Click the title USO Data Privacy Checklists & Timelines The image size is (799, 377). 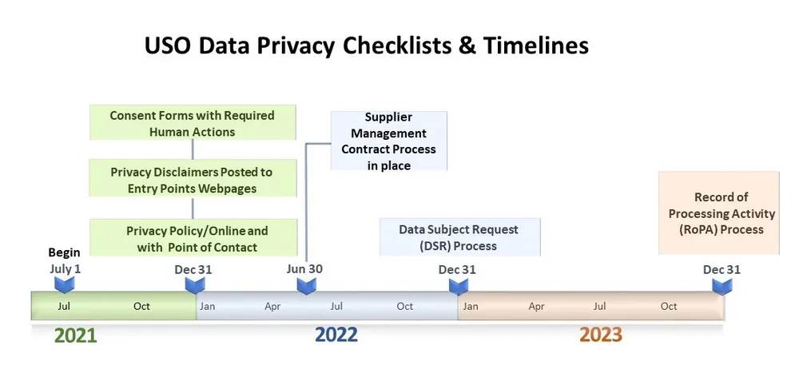click(366, 46)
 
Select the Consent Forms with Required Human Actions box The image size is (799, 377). click(192, 123)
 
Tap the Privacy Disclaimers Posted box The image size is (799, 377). click(192, 180)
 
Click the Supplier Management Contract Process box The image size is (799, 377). click(388, 141)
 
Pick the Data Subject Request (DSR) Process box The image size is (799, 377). click(459, 237)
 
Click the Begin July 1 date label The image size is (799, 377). click(65, 261)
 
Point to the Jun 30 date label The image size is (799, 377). click(304, 268)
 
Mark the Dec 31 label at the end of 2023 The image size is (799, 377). click(721, 269)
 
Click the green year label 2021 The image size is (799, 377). click(75, 335)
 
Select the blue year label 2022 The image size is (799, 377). click(336, 335)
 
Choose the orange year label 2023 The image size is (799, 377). click(600, 335)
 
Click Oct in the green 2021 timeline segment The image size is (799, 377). click(141, 306)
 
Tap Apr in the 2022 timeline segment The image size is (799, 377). click(272, 306)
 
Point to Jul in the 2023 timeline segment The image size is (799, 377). click(599, 306)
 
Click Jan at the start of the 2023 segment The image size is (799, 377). click(471, 306)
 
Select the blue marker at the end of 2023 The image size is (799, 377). click(721, 285)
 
